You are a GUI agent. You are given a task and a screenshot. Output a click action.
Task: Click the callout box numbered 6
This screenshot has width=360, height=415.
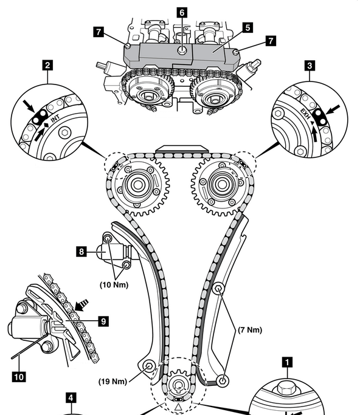(x=182, y=12)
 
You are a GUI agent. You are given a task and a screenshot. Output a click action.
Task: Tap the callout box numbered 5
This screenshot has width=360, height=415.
(x=247, y=27)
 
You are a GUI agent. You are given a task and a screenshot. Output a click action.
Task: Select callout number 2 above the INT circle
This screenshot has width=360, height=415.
(x=47, y=65)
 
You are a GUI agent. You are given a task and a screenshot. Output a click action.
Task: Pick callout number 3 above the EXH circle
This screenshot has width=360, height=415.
(x=310, y=66)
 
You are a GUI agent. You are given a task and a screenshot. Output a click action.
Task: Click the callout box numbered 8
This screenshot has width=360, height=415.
(x=81, y=252)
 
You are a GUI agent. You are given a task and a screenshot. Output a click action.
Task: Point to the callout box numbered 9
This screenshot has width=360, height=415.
(x=103, y=321)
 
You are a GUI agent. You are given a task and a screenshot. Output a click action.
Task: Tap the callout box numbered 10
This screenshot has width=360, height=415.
(x=19, y=377)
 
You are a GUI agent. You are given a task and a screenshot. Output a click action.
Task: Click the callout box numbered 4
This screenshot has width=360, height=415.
(x=71, y=398)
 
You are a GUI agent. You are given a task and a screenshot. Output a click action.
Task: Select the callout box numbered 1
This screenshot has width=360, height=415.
(x=287, y=362)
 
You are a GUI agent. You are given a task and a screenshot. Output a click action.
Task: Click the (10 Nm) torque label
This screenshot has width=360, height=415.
(x=114, y=285)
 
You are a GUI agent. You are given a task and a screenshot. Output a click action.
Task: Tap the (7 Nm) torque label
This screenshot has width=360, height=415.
(x=250, y=330)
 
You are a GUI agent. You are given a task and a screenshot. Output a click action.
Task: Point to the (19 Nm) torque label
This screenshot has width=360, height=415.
(x=112, y=382)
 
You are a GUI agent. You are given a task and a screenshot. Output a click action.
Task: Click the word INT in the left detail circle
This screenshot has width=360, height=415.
(x=55, y=119)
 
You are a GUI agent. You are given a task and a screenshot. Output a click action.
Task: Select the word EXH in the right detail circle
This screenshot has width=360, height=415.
(x=305, y=113)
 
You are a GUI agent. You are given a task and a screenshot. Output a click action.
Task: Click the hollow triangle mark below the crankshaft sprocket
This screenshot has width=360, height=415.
(x=178, y=407)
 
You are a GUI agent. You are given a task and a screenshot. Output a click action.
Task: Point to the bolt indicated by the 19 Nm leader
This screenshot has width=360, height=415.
(x=148, y=366)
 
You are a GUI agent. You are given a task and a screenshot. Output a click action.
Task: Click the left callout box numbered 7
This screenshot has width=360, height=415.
(x=99, y=32)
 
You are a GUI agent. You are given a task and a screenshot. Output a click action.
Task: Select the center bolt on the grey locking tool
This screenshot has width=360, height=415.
(x=182, y=50)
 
